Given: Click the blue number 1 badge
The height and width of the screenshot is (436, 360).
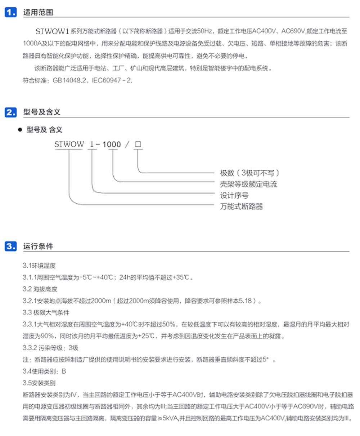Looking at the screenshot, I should click(10, 12).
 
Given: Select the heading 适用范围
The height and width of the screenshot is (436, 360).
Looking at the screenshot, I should click(38, 12).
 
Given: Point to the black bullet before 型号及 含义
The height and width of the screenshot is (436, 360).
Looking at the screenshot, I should click(20, 130).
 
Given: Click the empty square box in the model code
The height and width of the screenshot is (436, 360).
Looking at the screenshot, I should click(138, 144).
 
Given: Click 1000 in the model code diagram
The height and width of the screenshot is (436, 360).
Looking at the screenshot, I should click(112, 144).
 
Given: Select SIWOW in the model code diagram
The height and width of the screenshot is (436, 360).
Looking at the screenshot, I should click(69, 144).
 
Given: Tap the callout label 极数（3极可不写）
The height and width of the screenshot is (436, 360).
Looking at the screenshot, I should click(250, 173).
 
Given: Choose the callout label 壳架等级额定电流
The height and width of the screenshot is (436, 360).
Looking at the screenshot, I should click(249, 184).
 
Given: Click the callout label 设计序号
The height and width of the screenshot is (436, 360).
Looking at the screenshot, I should click(234, 196).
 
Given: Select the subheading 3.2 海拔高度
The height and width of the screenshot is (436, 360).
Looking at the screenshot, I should click(40, 289).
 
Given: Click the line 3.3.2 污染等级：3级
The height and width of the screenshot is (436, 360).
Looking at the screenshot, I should click(50, 348).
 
